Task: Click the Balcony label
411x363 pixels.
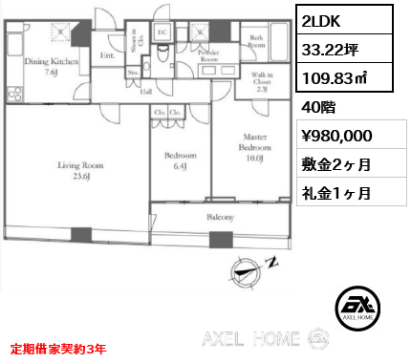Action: pos(221,217)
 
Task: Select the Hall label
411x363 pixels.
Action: pos(146,92)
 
